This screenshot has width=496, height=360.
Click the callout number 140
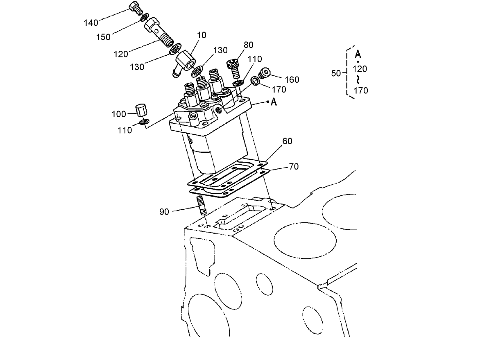(91, 23)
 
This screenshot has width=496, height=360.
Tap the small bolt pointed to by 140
(135, 8)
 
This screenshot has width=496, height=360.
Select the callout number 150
(103, 37)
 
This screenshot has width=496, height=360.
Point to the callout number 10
(202, 35)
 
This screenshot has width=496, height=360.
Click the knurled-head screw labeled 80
(233, 68)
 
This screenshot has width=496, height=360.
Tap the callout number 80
(248, 45)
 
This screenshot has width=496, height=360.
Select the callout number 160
(292, 79)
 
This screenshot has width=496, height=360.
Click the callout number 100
(119, 114)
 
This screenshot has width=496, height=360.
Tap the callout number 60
(287, 141)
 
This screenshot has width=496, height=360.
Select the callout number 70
(293, 167)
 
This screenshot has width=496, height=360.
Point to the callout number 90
(164, 212)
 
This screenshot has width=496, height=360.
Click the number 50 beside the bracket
(336, 73)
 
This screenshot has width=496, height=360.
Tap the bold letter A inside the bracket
(358, 54)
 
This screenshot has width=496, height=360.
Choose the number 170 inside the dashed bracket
(360, 91)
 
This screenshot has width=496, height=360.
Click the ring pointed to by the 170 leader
(255, 80)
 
